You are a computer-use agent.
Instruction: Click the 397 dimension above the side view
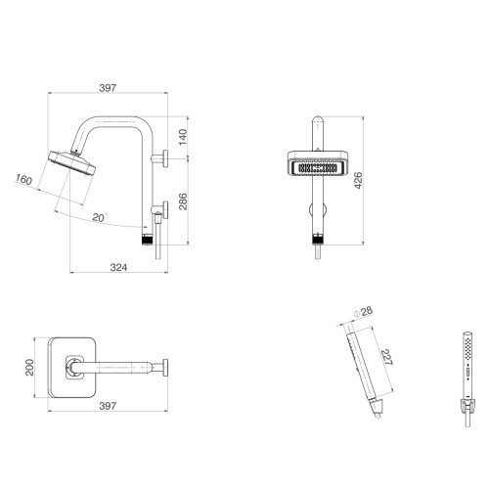[108, 88]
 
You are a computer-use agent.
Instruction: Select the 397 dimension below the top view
[108, 406]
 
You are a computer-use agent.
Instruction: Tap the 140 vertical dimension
[183, 137]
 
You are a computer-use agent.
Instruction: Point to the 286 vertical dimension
[183, 201]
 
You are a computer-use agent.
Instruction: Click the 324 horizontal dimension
[118, 267]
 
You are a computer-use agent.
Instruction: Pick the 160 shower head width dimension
[23, 179]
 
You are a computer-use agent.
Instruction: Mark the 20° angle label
[100, 217]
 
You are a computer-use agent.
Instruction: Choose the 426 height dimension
[358, 180]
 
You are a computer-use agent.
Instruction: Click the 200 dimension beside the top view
[29, 368]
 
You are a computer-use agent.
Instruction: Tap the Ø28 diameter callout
[363, 312]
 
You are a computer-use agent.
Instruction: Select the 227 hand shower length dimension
[387, 357]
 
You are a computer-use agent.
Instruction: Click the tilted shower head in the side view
[72, 162]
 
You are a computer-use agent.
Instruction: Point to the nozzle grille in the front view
[318, 168]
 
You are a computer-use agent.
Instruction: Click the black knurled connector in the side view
[148, 240]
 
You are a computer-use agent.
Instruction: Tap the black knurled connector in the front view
[318, 240]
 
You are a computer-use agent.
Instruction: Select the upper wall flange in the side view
[165, 158]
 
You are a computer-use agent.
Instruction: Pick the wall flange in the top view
[165, 368]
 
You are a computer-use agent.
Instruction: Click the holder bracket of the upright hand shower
[467, 404]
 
